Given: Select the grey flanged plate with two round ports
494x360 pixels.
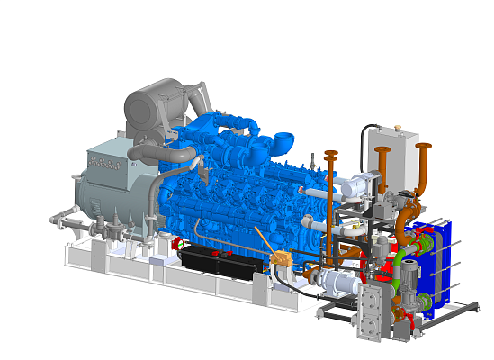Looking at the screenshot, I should [x=370, y=313].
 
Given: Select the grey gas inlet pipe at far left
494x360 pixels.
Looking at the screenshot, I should [x=67, y=219].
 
